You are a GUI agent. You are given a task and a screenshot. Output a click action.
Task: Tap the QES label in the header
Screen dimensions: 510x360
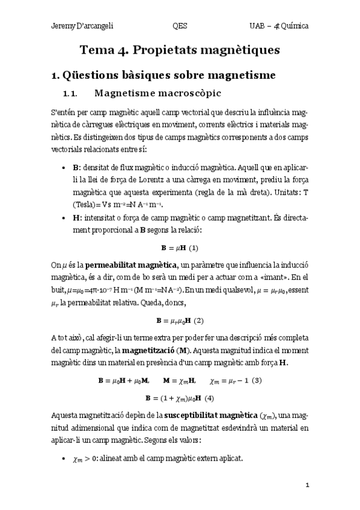click(179, 26)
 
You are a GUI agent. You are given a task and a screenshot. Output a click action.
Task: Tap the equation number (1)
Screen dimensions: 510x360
click(194, 248)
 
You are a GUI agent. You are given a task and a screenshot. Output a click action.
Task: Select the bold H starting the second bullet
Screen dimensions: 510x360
click(75, 221)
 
